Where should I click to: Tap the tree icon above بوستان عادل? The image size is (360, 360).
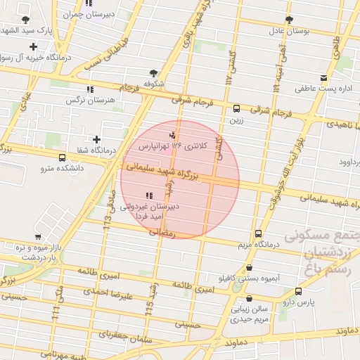[288, 20]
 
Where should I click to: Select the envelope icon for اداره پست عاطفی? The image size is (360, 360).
[323, 78]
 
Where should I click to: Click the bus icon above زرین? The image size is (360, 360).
[236, 109]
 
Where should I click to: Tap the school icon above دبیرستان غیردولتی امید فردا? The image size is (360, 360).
[148, 195]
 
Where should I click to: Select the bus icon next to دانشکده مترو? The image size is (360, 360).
[63, 158]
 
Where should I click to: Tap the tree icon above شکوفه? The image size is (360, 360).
[153, 72]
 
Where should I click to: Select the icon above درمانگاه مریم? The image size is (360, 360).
[259, 233]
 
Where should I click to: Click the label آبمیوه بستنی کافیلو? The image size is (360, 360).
[250, 279]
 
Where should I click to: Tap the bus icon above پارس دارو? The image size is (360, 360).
[299, 290]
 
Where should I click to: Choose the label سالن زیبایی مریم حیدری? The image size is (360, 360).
[251, 313]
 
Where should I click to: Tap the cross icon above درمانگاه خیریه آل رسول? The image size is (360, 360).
[33, 46]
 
